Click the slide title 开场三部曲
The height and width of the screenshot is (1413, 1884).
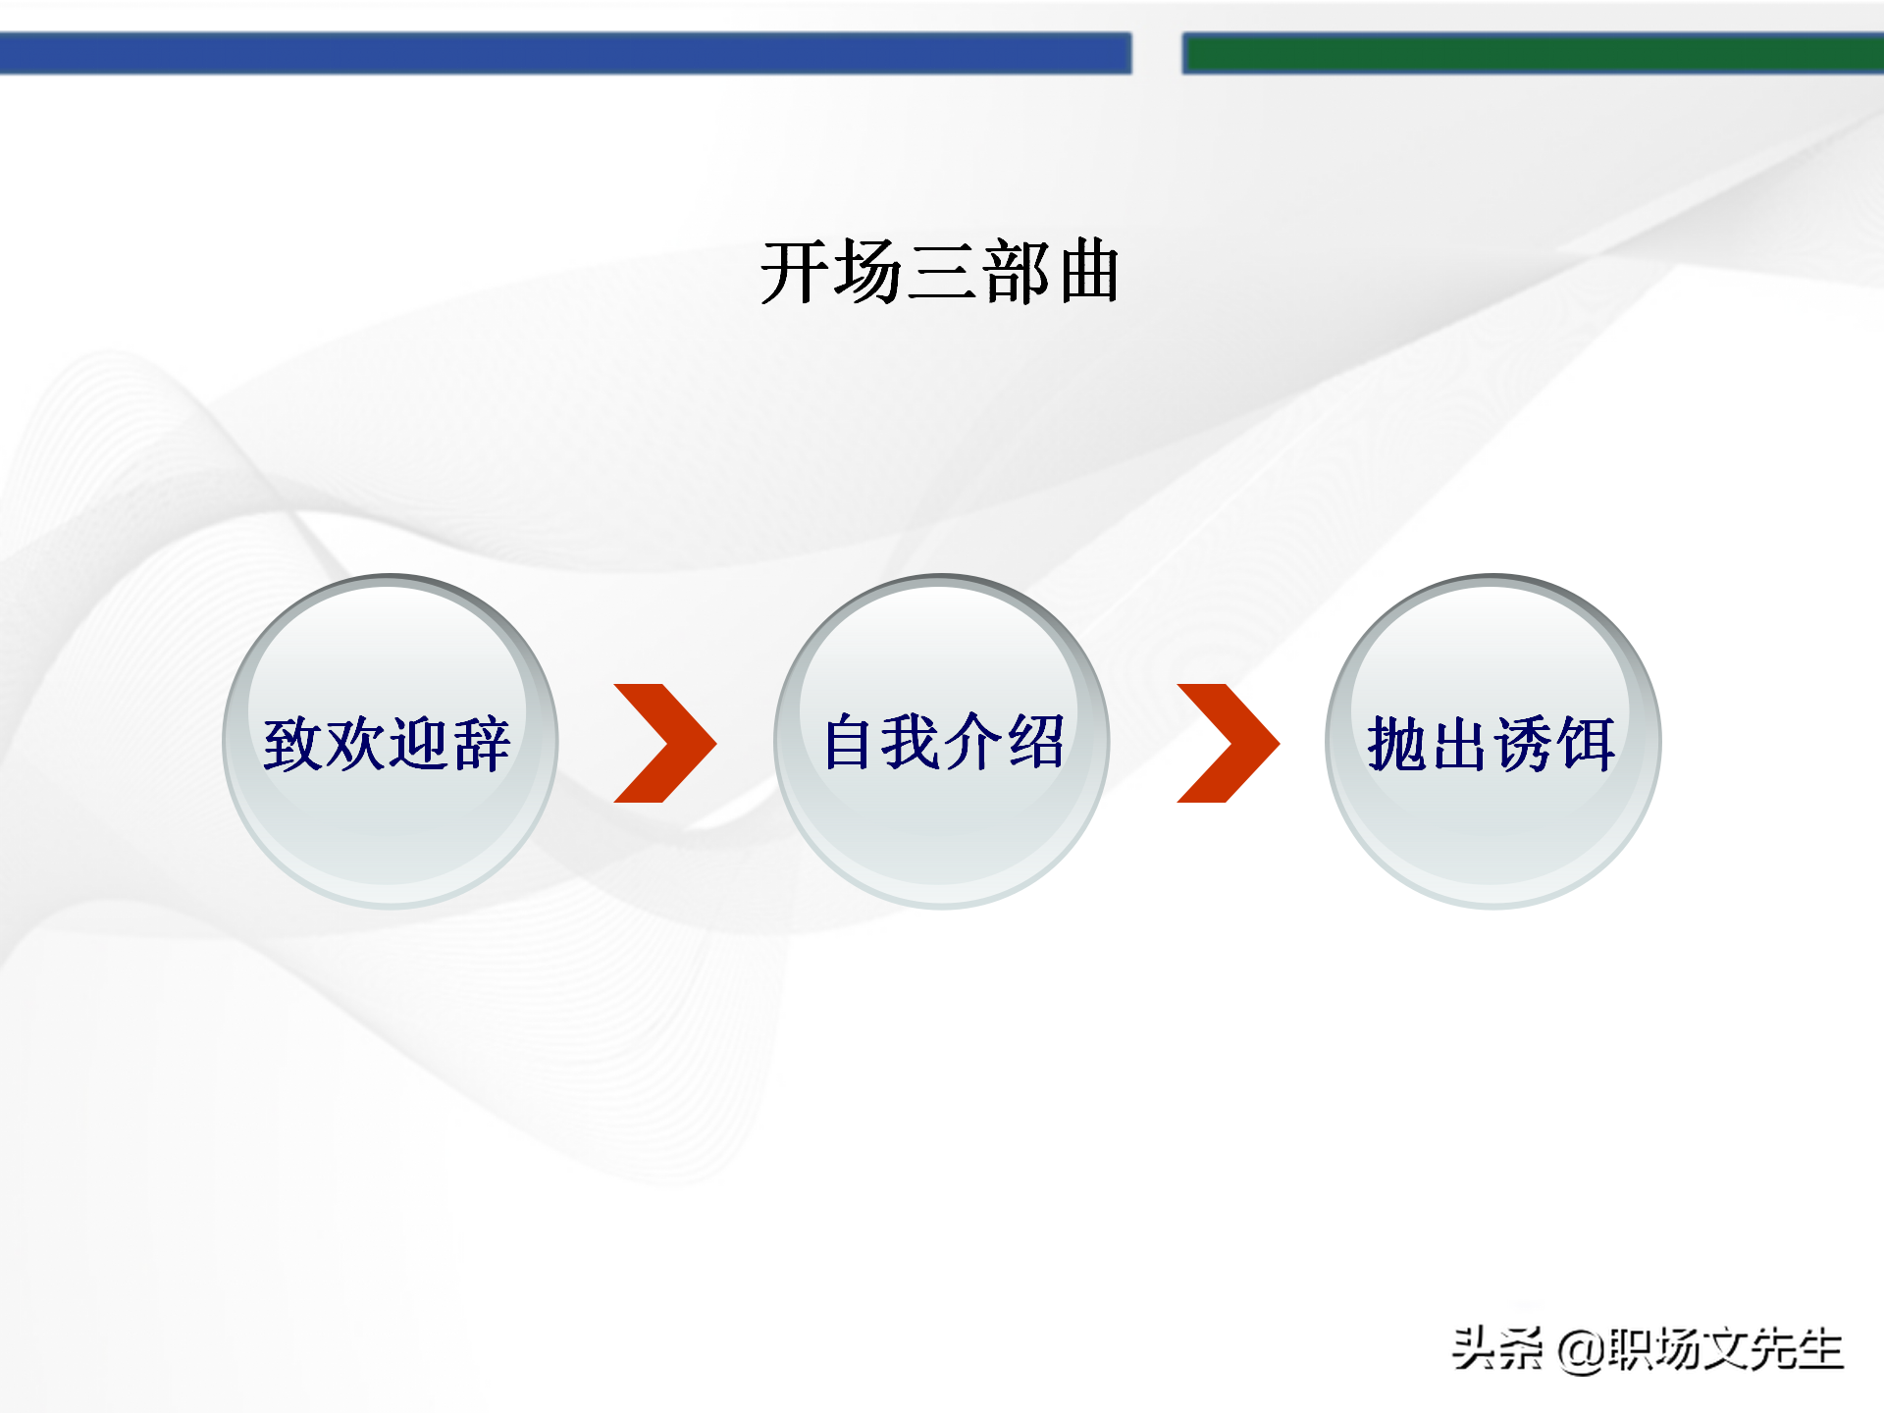[x=940, y=272]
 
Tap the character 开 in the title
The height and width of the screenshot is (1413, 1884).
[x=796, y=272]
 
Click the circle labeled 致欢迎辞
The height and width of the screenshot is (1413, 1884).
[x=391, y=742]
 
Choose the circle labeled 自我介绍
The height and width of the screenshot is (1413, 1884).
[x=942, y=742]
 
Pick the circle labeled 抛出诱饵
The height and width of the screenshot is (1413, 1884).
[x=1492, y=742]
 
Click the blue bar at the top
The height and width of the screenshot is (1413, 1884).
[x=565, y=53]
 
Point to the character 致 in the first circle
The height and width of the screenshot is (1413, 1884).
[x=292, y=744]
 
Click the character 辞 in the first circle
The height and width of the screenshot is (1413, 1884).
[x=481, y=744]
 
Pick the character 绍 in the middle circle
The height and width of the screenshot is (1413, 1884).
[x=1036, y=742]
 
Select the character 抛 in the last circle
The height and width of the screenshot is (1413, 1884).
[x=1397, y=744]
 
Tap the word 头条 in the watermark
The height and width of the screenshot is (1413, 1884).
[x=1497, y=1349]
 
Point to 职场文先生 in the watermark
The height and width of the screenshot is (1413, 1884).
[x=1725, y=1349]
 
